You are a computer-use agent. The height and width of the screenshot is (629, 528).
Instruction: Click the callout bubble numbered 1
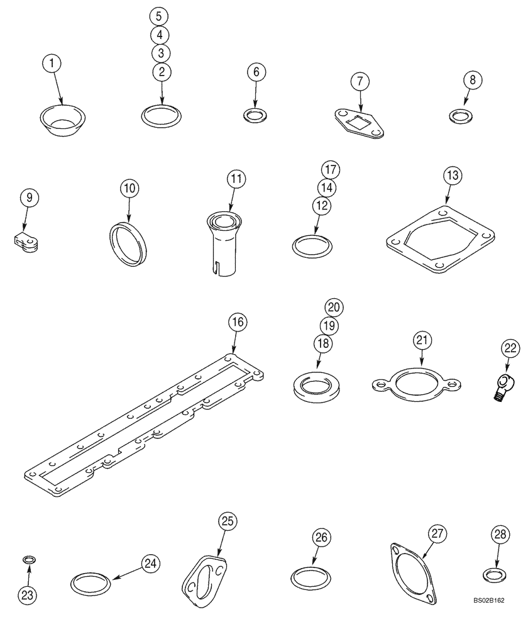(x=53, y=63)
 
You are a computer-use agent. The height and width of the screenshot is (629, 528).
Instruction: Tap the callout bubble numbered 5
(x=162, y=16)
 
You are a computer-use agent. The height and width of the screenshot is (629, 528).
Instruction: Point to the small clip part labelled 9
(x=23, y=242)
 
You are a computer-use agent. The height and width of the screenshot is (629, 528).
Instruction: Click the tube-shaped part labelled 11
(x=224, y=240)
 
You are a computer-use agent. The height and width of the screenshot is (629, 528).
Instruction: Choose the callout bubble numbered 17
(x=330, y=169)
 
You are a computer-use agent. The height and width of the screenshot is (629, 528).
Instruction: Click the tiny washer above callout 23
(x=28, y=559)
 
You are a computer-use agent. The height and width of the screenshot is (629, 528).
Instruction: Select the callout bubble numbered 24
(x=150, y=563)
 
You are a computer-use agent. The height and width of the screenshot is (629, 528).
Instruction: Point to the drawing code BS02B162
(x=490, y=618)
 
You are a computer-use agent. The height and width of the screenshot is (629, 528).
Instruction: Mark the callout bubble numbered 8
(x=473, y=80)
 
